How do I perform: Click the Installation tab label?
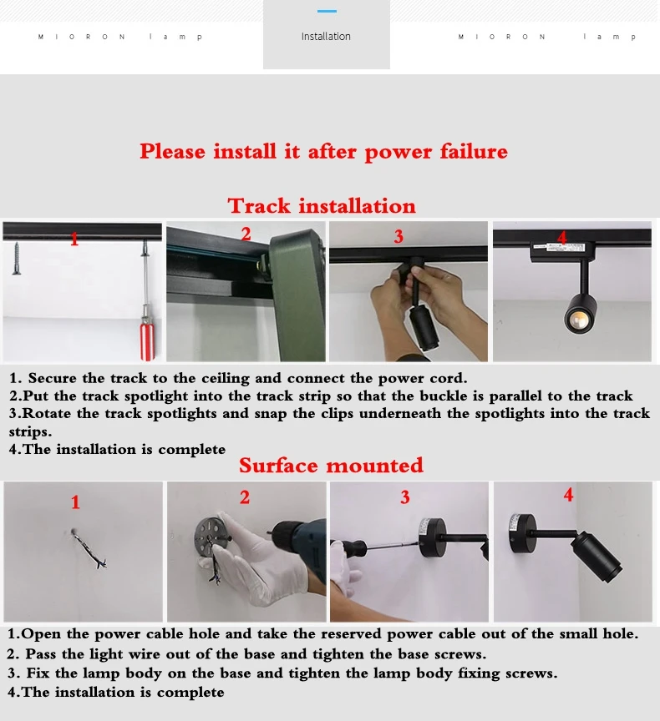point(326,37)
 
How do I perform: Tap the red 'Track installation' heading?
point(322,205)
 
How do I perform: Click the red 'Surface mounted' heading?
point(331,466)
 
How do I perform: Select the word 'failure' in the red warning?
point(474,151)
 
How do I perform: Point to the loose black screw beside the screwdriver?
point(17,258)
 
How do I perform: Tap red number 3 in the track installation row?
point(399,236)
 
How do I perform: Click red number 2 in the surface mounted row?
point(245,497)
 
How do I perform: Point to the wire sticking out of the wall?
point(89,549)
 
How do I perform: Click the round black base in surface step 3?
point(432,537)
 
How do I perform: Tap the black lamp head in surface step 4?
point(597,556)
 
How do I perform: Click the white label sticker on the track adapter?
point(558,247)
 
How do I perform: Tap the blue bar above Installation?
point(327,11)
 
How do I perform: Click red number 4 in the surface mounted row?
point(568,495)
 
